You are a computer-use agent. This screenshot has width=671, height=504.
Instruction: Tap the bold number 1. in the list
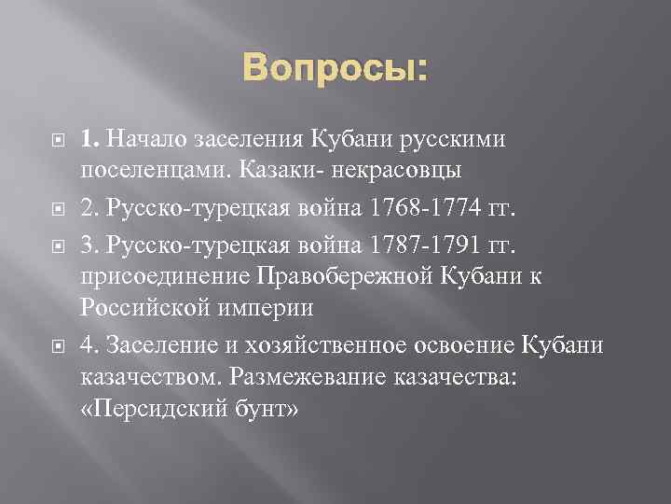90,140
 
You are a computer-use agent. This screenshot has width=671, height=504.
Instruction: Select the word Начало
147,140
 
